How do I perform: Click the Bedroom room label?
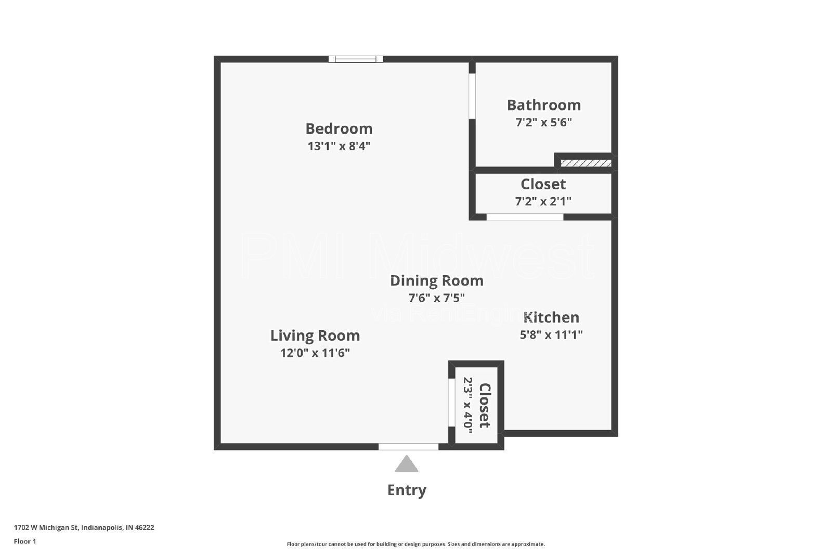(x=339, y=128)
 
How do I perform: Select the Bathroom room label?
(x=544, y=105)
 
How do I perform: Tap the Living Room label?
(x=315, y=336)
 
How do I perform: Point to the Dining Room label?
(x=436, y=281)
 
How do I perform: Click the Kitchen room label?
(x=551, y=318)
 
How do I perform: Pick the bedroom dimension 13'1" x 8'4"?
(x=339, y=146)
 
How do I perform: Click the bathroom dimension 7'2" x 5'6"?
(x=543, y=122)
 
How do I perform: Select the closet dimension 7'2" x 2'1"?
(x=543, y=201)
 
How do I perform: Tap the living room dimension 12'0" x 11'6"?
(x=315, y=353)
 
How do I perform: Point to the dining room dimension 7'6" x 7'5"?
(x=436, y=298)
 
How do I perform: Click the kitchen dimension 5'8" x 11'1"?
(x=551, y=335)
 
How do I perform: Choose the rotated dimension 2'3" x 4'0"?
(x=468, y=405)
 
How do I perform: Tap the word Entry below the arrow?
(x=407, y=490)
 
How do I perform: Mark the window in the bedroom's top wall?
(x=356, y=59)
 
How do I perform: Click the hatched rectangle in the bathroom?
(x=586, y=163)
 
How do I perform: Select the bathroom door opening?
(x=472, y=96)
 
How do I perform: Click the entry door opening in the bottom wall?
(x=409, y=446)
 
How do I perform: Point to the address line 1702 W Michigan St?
(x=84, y=527)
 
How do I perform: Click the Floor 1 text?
(x=25, y=541)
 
